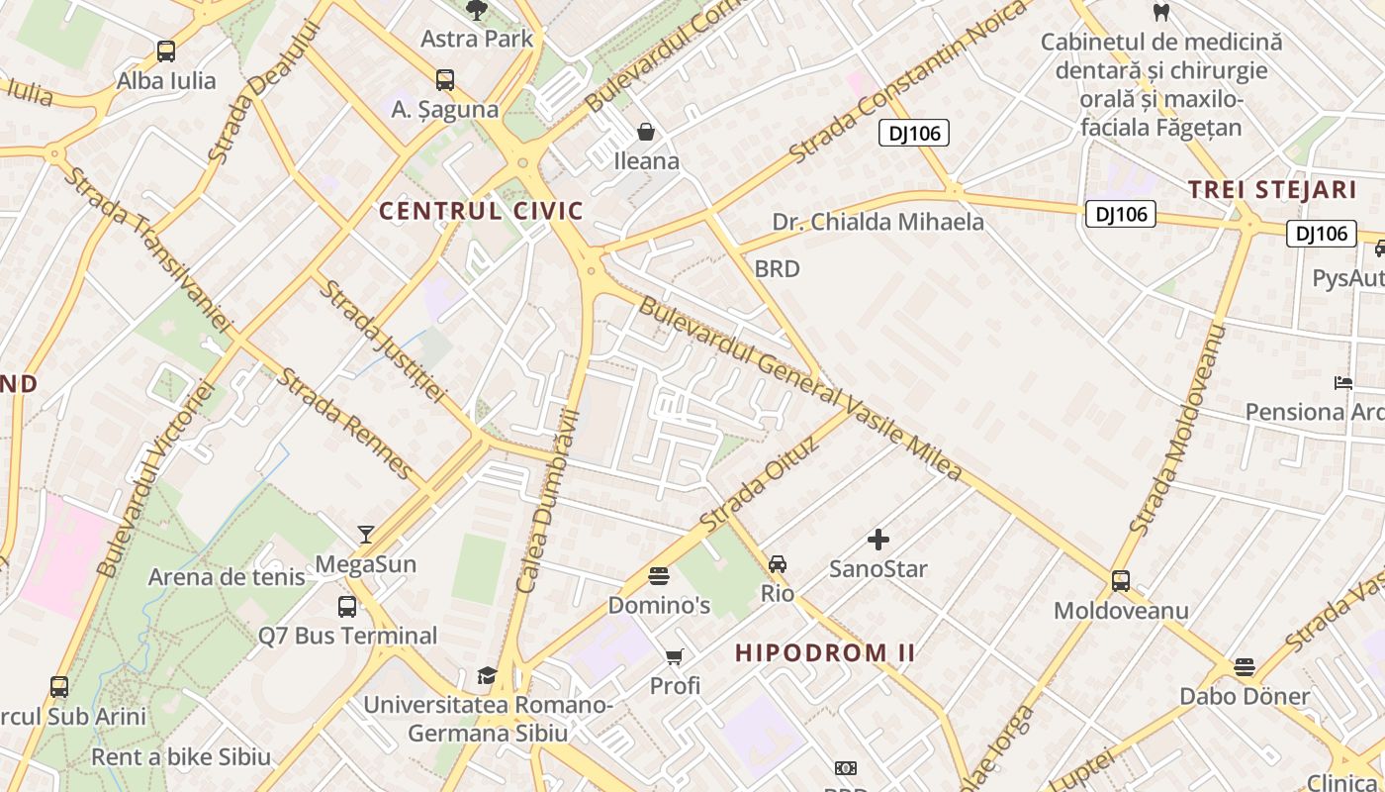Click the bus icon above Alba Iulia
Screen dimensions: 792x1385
pos(166,51)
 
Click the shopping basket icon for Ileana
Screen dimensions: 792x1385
pos(646,132)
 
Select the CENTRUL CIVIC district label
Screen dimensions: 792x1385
pos(482,211)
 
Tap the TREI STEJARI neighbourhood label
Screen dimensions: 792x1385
pos(1271,190)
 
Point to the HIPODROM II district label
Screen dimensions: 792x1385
pos(825,652)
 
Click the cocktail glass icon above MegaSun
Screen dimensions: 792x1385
pos(366,535)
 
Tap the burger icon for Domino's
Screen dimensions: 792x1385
pos(659,575)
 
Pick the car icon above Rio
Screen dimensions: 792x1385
pos(778,564)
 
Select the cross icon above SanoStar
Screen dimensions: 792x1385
pos(878,540)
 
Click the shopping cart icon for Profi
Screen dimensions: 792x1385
pos(675,656)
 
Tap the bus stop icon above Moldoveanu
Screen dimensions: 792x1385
pos(1121,581)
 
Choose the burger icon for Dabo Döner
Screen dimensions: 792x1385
pos(1245,667)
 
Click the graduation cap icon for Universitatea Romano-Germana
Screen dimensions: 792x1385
pos(487,676)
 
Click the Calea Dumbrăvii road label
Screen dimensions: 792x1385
pos(547,500)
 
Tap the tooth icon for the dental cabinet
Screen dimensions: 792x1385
pos(1161,13)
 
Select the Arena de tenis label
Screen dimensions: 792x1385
pos(227,577)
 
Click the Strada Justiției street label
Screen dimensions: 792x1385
pos(382,341)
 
